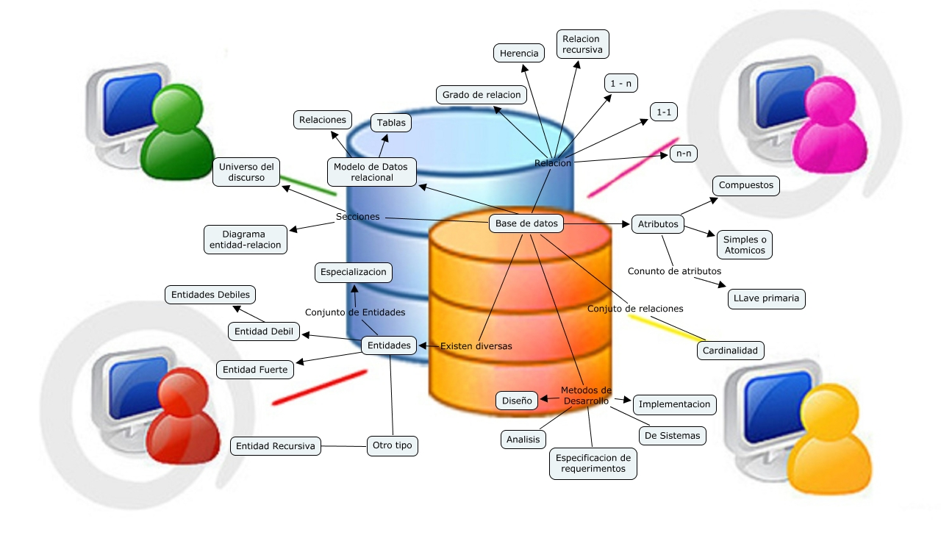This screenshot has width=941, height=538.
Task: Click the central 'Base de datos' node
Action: point(526,223)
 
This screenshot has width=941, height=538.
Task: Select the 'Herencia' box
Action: point(519,53)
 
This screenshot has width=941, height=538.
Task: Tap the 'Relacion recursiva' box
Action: point(582,44)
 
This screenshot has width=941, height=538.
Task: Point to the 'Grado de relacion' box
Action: point(482,94)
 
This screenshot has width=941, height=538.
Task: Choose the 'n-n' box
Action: point(684,154)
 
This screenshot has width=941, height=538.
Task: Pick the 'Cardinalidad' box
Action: point(730,351)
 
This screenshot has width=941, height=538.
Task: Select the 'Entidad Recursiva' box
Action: point(276,446)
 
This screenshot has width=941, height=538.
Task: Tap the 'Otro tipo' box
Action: point(393,446)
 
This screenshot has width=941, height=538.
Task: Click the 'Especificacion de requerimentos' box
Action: point(593,463)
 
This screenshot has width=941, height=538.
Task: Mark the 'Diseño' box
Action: point(518,401)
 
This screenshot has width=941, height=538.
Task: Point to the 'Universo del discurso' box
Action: point(246,172)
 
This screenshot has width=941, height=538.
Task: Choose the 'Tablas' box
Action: point(391,123)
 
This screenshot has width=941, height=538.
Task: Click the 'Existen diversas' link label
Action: point(476,345)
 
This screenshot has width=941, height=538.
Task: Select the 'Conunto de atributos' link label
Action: point(674,271)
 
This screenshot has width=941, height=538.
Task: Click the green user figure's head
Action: point(176,107)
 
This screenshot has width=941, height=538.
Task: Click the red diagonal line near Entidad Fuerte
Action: point(319,387)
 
